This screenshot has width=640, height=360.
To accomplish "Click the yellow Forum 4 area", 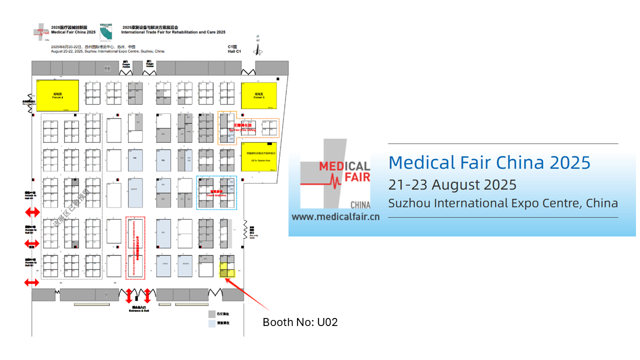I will click(x=57, y=95).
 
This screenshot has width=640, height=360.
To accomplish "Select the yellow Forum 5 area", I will click(x=258, y=95).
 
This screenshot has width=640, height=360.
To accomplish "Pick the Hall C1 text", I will click(x=234, y=51).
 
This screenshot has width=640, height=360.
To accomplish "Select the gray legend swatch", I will click(x=212, y=314).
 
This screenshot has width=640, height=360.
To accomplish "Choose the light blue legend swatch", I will click(x=212, y=323).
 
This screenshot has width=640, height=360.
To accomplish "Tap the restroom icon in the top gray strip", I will click(x=106, y=68).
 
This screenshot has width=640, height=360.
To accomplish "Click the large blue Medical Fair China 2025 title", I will click(x=489, y=162).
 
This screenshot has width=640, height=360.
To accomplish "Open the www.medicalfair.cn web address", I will click(x=335, y=216).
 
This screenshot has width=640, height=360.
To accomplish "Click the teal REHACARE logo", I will click(x=105, y=32).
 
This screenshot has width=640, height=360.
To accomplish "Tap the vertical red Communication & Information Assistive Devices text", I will click(x=135, y=247).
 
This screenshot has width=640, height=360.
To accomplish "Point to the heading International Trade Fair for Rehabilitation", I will click(x=173, y=32).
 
